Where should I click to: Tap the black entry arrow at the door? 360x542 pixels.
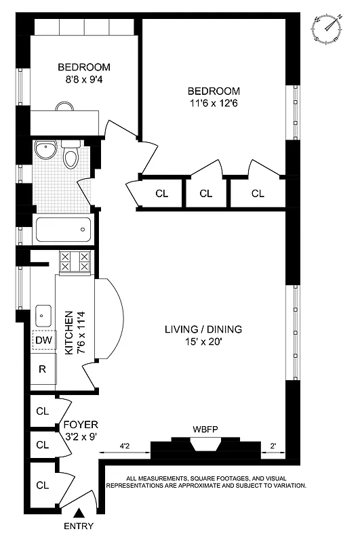click(x=80, y=516)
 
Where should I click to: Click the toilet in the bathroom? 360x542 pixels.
click(x=71, y=157)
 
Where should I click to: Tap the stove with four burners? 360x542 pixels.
click(x=75, y=262)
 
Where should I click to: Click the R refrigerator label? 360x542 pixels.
click(x=42, y=369)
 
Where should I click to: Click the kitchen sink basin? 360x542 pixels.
click(x=44, y=314)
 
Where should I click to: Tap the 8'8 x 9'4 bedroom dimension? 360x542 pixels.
click(x=83, y=79)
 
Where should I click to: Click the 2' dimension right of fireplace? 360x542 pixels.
click(x=273, y=446)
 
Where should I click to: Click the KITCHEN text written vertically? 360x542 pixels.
click(x=68, y=333)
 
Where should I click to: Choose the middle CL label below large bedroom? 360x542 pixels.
click(x=206, y=193)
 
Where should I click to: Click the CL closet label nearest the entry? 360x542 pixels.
click(x=42, y=485)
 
